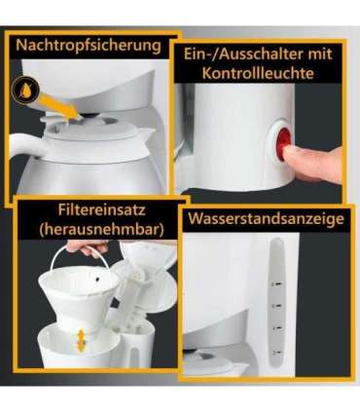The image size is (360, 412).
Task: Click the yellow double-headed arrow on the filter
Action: point(79,340)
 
